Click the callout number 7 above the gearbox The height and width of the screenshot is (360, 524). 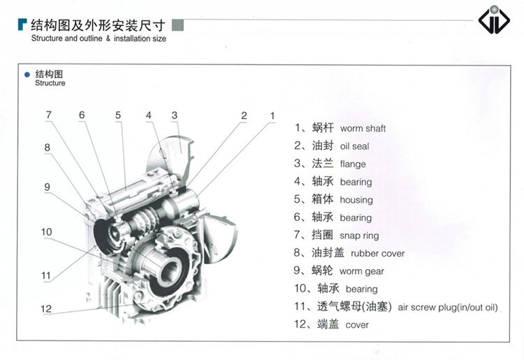click(49, 115)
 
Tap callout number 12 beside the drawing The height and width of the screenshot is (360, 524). click(46, 309)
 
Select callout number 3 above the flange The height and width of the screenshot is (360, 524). click(175, 115)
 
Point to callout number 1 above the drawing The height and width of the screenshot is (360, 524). click(272, 115)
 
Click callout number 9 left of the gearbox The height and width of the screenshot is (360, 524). click(47, 187)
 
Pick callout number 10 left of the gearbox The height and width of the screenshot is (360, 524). click(46, 231)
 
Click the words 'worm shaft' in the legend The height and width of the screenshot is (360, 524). click(363, 129)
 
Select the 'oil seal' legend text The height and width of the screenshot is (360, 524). click(354, 146)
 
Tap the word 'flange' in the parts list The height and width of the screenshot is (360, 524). click(353, 164)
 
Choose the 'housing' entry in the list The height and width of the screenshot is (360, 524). click(356, 200)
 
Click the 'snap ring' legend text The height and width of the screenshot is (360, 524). click(359, 236)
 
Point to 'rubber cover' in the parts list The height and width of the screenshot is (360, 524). click(377, 253)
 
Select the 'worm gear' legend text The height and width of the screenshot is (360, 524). click(362, 271)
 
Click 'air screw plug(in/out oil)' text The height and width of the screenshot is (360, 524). click(447, 308)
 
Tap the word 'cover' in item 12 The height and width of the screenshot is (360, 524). click(357, 325)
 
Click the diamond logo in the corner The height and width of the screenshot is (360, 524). click(494, 20)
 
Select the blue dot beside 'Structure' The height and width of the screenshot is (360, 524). click(27, 74)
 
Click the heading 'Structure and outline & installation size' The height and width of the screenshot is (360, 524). click(99, 38)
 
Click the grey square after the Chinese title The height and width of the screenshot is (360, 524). click(177, 25)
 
